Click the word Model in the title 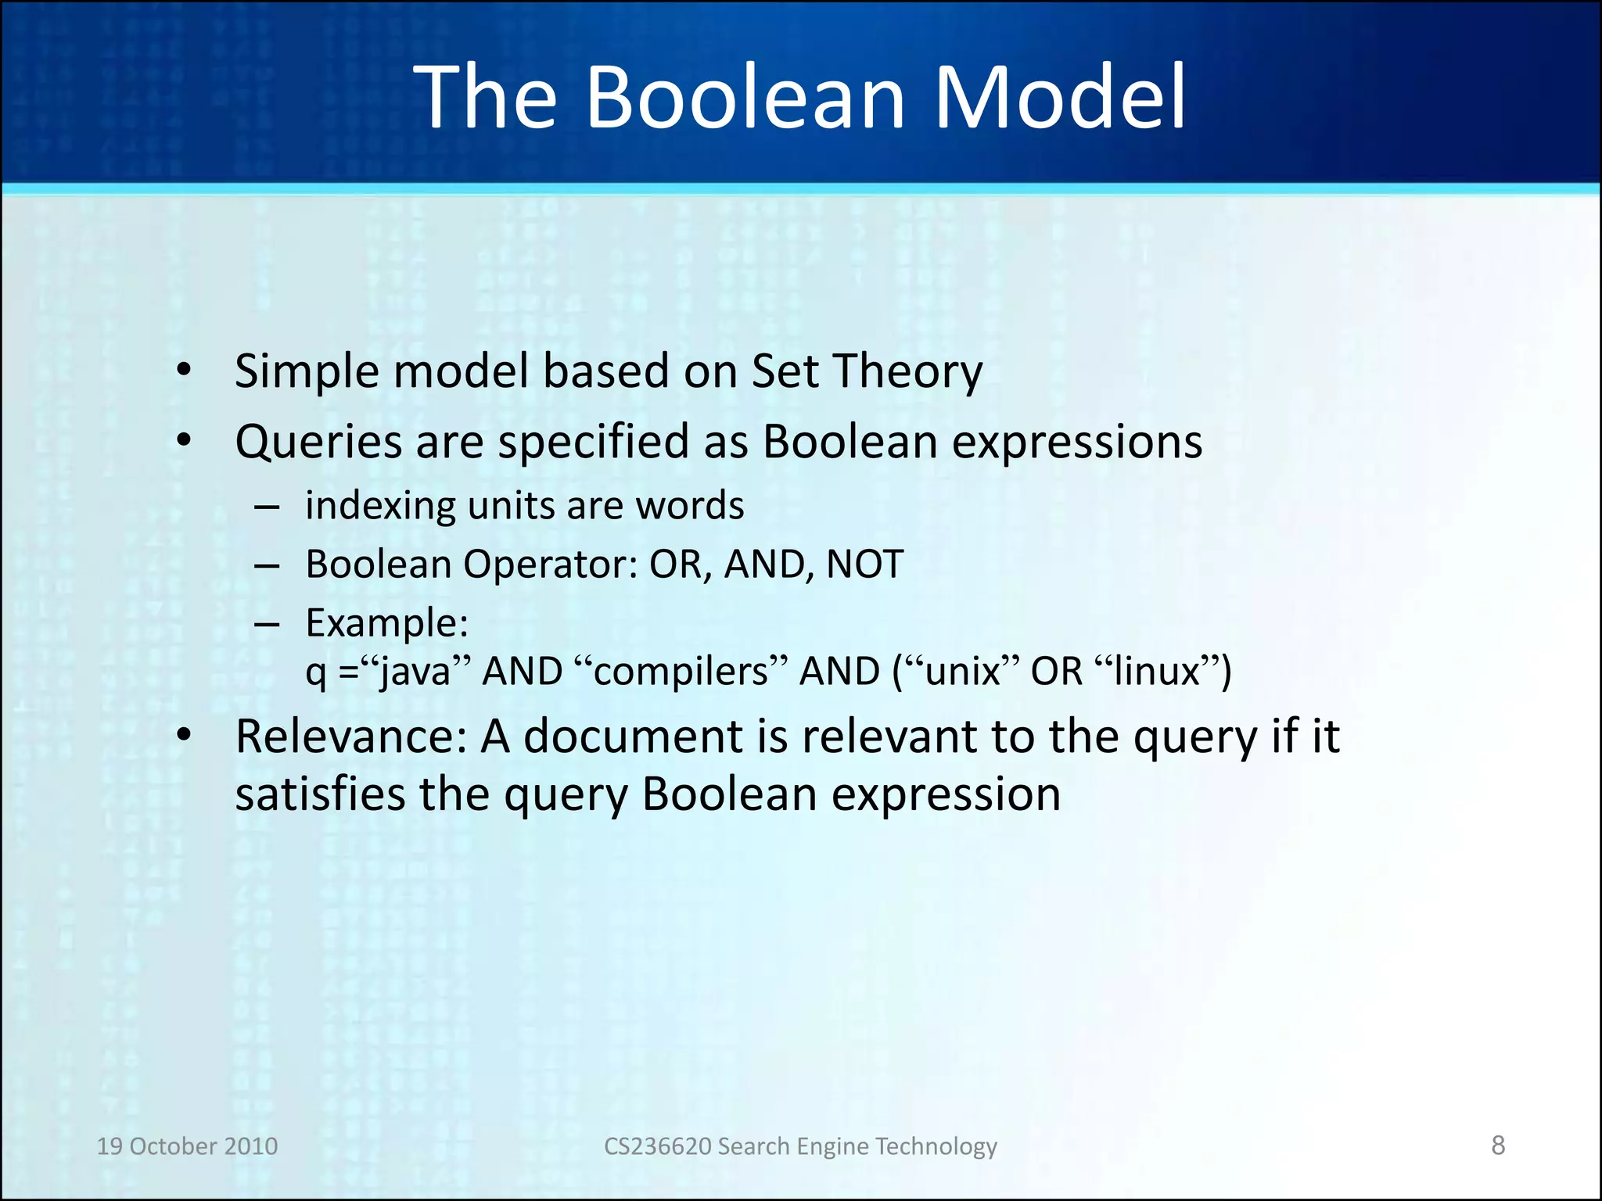[1060, 98]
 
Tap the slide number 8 [1498, 1145]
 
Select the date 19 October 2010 [187, 1145]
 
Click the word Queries [318, 443]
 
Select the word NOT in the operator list [864, 564]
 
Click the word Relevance [351, 737]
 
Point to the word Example [386, 623]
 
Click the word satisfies [320, 794]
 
